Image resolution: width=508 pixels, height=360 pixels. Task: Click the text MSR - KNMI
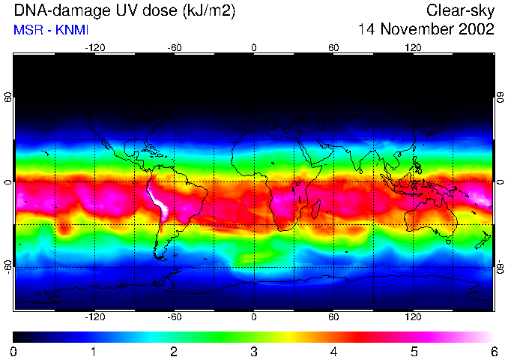click(51, 30)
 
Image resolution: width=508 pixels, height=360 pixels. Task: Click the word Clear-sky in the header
click(461, 10)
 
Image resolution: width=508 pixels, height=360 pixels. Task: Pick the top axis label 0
click(254, 47)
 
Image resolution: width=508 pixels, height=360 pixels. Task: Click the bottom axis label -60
click(175, 318)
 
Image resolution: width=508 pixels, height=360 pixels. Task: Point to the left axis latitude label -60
click(9, 266)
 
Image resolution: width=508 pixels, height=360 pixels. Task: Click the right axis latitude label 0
click(501, 182)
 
